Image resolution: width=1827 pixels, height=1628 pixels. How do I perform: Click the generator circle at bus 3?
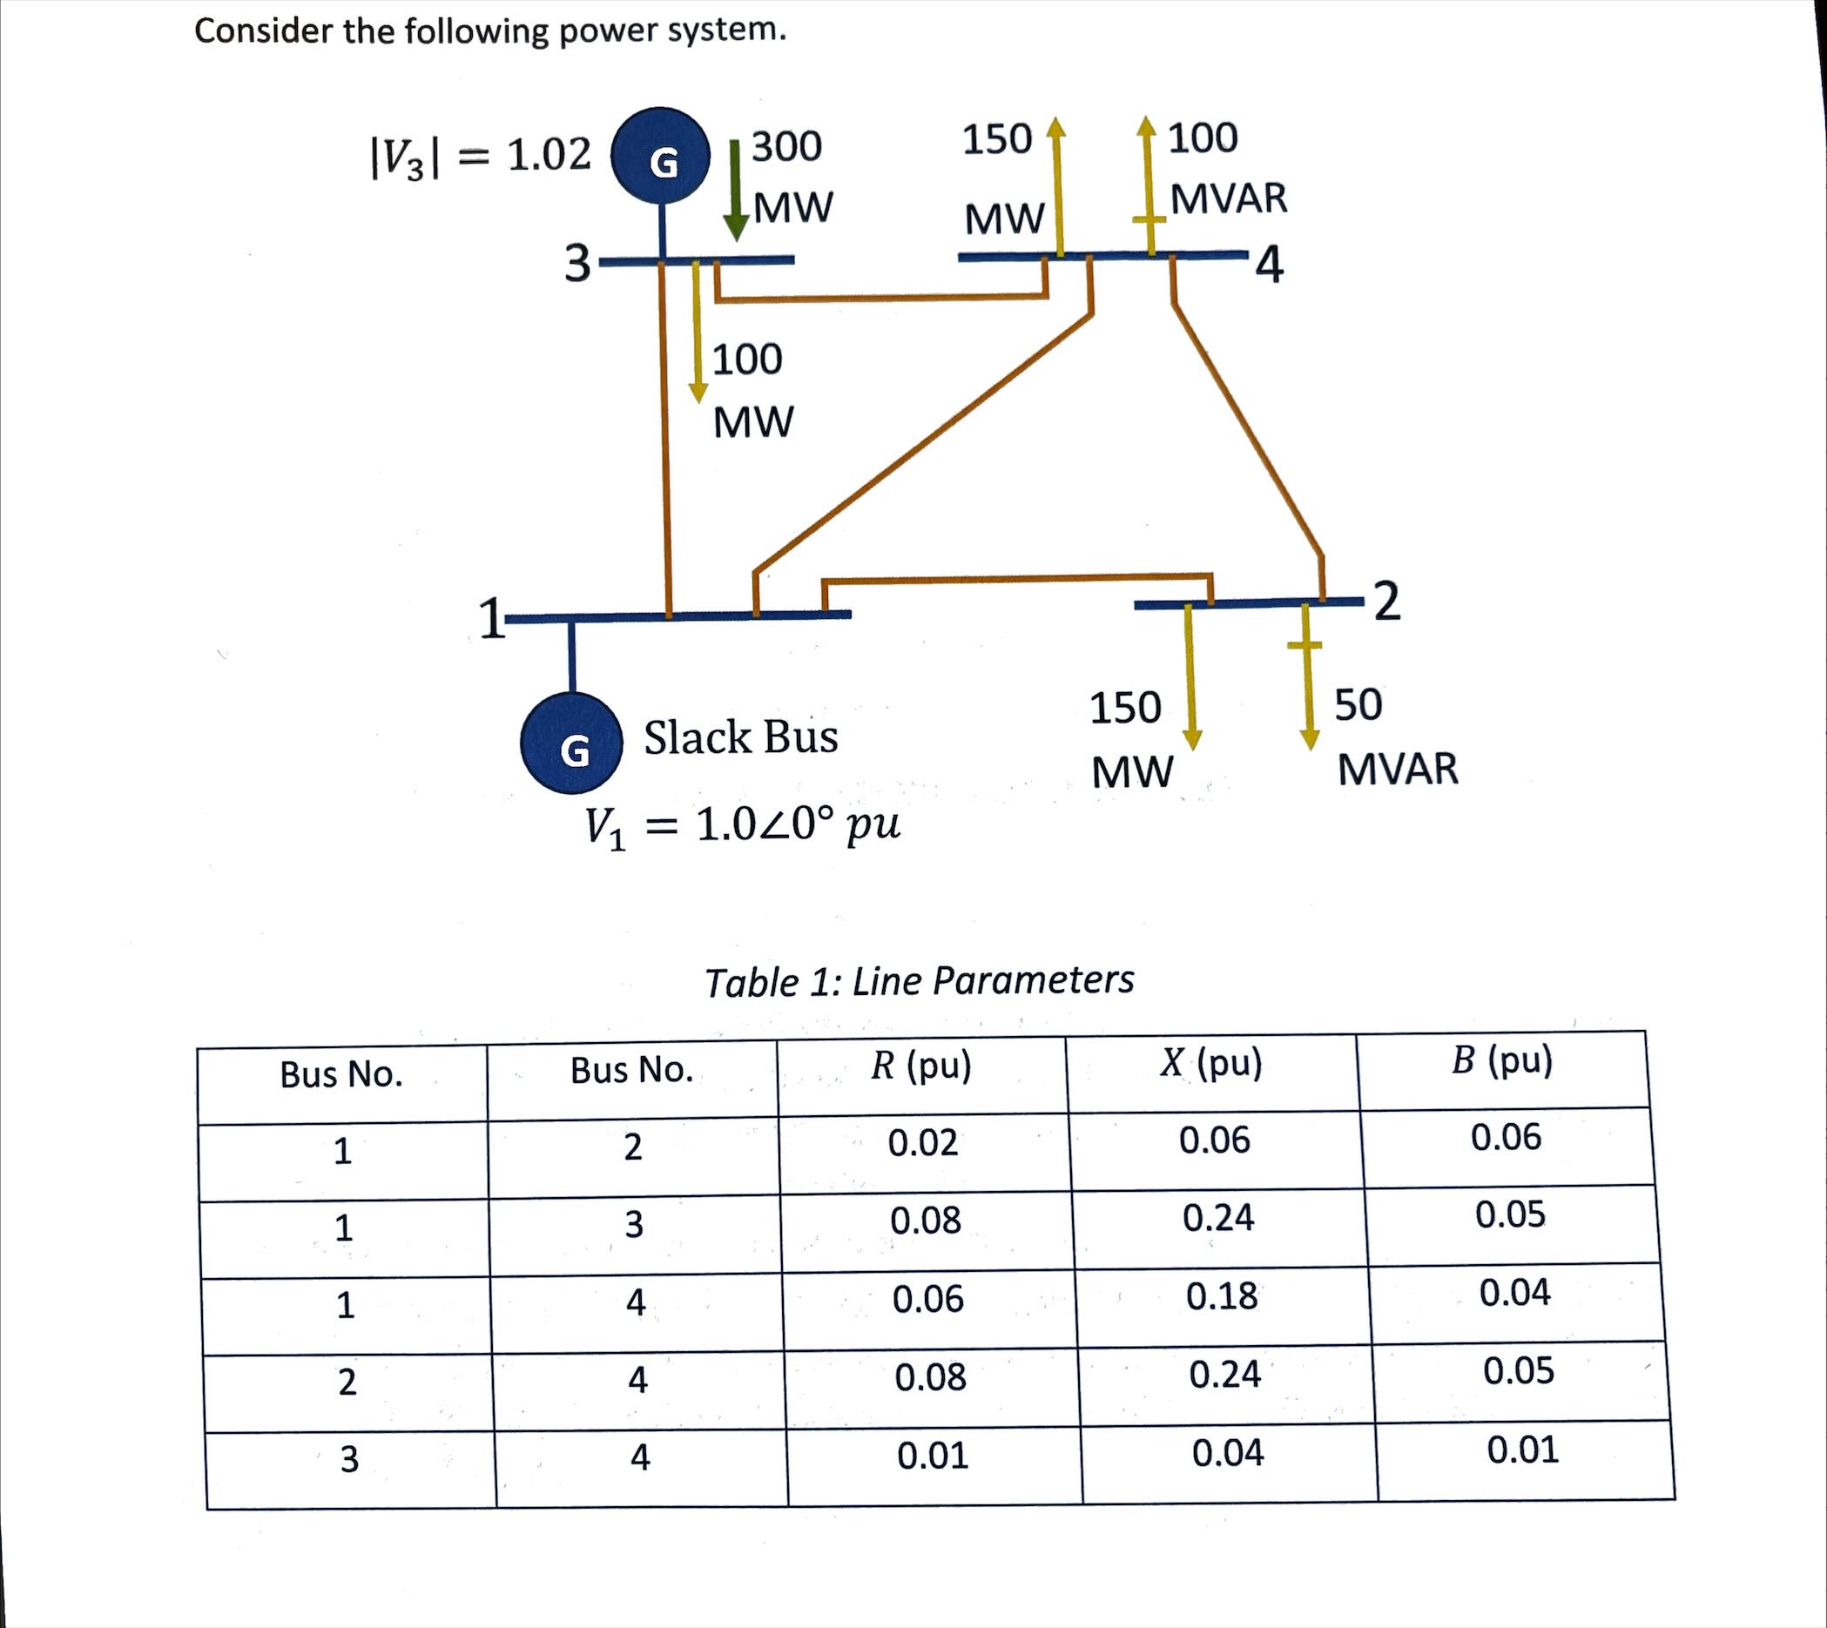[x=660, y=158]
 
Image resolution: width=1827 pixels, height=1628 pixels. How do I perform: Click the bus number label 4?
[x=1270, y=265]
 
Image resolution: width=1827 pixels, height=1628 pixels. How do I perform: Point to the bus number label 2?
[x=1385, y=600]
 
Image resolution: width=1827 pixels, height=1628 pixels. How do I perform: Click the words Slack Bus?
[x=741, y=738]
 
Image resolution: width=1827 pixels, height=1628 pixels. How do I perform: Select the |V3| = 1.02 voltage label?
[x=482, y=157]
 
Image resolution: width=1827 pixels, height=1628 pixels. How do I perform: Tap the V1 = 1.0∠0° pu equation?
[x=742, y=826]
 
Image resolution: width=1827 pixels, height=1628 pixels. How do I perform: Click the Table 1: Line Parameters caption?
[x=919, y=981]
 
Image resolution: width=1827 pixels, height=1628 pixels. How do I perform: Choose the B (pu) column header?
[x=1502, y=1061]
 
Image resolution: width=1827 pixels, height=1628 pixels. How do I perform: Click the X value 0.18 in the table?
[x=1221, y=1296]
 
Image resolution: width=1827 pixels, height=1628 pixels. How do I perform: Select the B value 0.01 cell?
[x=1522, y=1450]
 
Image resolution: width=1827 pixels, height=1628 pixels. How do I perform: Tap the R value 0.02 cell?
[x=922, y=1142]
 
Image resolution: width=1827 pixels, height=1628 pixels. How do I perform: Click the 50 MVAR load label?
[x=1395, y=737]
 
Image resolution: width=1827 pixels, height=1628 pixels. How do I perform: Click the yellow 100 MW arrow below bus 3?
[x=697, y=333]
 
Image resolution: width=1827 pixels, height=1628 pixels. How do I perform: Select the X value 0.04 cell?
[x=1227, y=1453]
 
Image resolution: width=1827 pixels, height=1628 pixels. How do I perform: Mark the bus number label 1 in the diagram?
[x=489, y=619]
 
